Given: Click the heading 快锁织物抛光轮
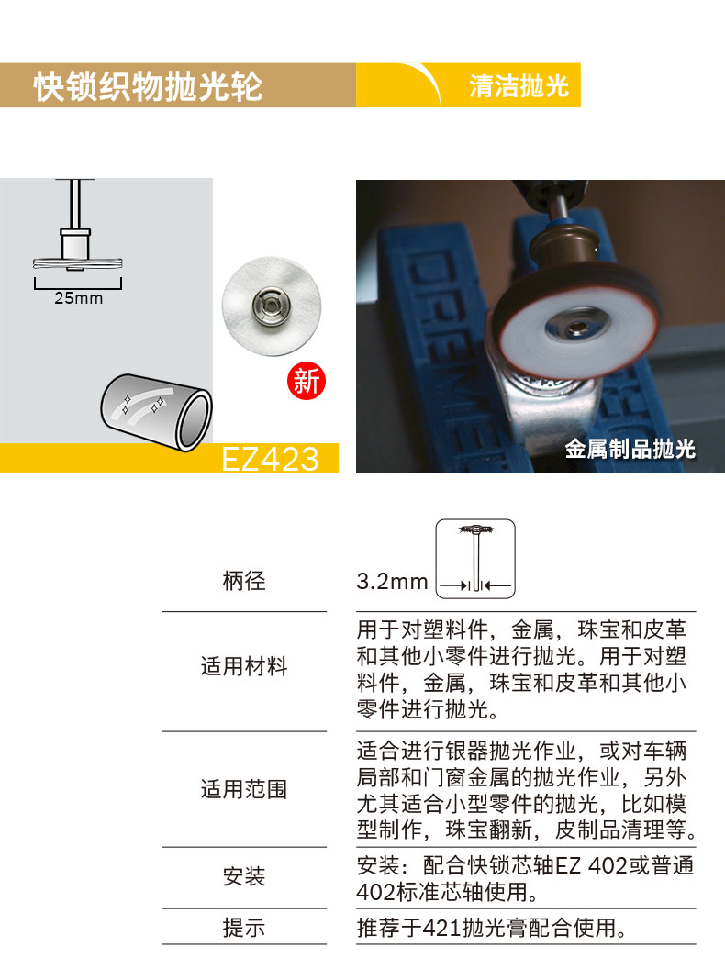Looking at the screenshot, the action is [x=148, y=86].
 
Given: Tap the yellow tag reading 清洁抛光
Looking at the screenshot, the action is [x=519, y=85].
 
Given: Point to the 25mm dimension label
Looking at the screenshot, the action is [x=78, y=298].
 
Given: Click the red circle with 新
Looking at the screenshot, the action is [x=307, y=381].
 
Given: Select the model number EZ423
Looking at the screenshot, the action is [x=271, y=460].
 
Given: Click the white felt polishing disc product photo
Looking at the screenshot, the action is [x=272, y=306].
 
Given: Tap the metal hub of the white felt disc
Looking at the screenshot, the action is [x=271, y=305].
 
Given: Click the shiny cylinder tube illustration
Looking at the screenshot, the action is [x=156, y=410].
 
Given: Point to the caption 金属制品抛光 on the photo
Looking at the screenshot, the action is [x=630, y=449].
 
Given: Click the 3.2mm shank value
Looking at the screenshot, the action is [x=392, y=581].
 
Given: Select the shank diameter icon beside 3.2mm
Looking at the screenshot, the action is [x=475, y=559].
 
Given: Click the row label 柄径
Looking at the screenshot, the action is [x=244, y=581].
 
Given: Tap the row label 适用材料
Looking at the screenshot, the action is [x=244, y=666].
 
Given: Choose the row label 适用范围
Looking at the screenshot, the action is [x=244, y=789].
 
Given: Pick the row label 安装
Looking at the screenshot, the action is [x=244, y=876].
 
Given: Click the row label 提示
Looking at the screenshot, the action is [x=244, y=928].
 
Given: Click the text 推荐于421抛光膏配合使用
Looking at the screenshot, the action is [x=492, y=928].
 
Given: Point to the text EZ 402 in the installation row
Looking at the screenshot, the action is [x=591, y=865].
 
